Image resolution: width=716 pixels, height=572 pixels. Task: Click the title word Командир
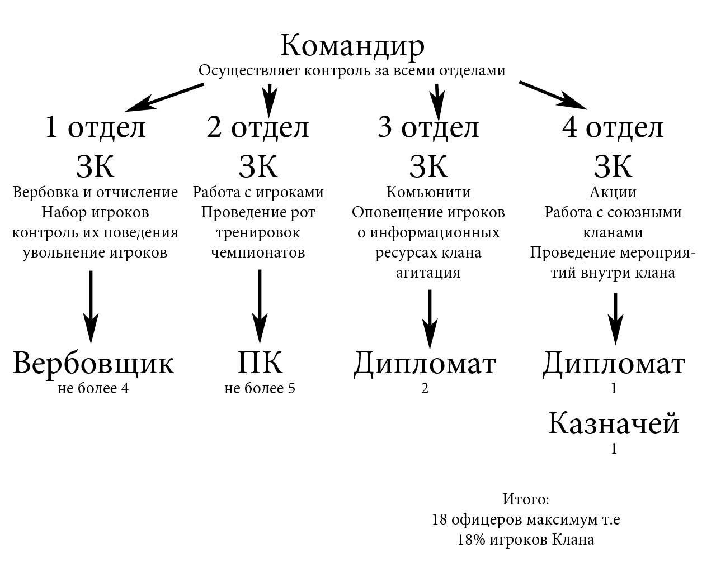click(x=352, y=46)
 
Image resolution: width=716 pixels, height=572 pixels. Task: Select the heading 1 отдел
click(x=96, y=127)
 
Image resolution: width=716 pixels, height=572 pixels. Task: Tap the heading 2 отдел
click(x=257, y=127)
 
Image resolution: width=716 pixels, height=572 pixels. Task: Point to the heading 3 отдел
click(x=428, y=127)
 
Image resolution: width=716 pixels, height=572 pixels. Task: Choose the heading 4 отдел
click(x=613, y=127)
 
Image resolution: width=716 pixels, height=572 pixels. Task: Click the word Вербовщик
click(x=93, y=363)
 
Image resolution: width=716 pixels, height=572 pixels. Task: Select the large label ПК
click(x=260, y=363)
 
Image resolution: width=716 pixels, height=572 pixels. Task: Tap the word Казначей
click(x=613, y=423)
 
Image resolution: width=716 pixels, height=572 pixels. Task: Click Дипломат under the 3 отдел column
click(x=425, y=364)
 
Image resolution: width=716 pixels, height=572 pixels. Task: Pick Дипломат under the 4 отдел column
click(x=614, y=364)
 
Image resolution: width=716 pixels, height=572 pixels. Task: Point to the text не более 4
click(x=93, y=388)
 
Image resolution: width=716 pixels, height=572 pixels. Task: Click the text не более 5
click(x=260, y=388)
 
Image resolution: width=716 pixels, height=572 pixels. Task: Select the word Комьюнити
click(x=428, y=192)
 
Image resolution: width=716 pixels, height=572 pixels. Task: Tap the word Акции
click(x=613, y=193)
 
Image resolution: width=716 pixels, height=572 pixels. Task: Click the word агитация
click(x=428, y=273)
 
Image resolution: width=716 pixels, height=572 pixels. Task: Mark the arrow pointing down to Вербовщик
click(x=91, y=307)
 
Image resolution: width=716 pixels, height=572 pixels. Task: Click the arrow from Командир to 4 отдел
click(x=553, y=95)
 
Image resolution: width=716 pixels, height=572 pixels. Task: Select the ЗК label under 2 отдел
click(x=258, y=166)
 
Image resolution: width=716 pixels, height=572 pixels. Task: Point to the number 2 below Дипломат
click(x=425, y=388)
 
